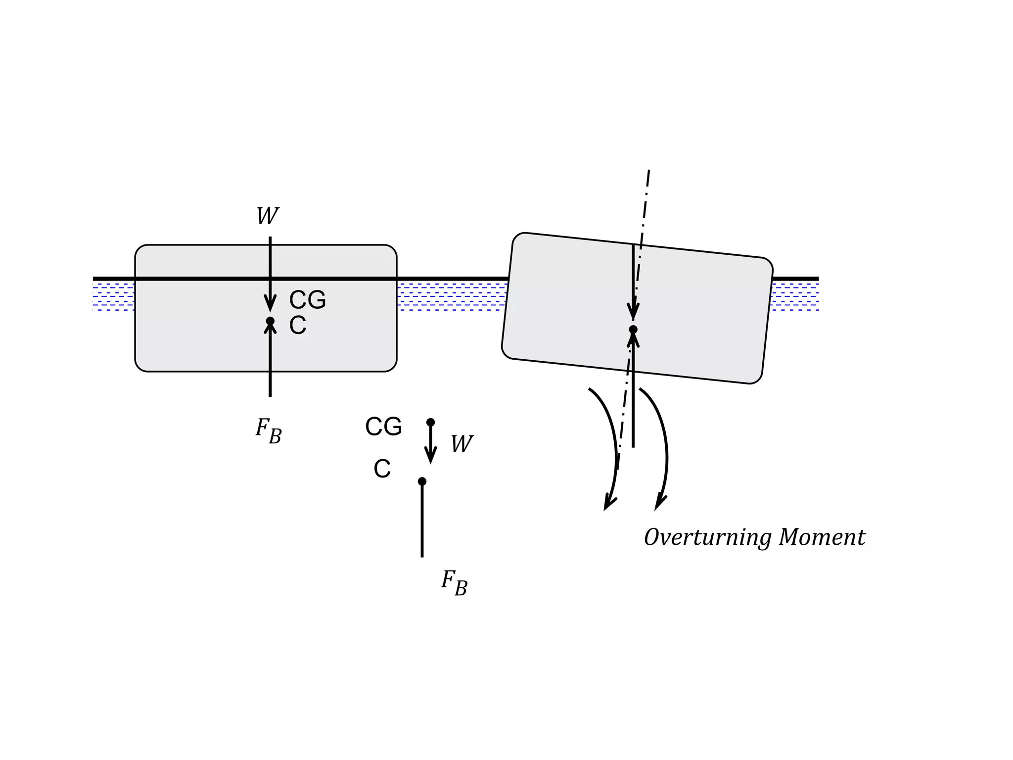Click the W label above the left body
268,216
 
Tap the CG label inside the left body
307,300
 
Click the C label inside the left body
297,326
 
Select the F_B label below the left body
269,430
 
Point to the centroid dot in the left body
270,321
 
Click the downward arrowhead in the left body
270,302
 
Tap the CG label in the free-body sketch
383,427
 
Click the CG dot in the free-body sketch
430,422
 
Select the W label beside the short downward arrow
461,444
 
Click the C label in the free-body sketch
382,469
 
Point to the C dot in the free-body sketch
422,481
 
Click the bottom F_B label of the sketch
454,582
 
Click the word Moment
822,537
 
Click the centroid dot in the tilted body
633,330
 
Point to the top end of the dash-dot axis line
648,171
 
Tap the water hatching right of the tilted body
794,296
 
